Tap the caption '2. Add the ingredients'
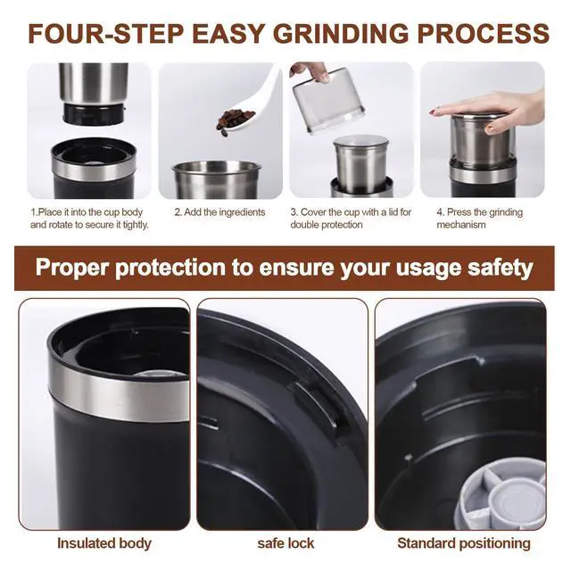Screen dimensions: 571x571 [x=219, y=212]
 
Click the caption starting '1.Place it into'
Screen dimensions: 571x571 [x=89, y=219]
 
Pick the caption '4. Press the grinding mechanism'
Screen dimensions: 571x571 [x=479, y=219]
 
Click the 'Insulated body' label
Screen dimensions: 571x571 [x=104, y=543]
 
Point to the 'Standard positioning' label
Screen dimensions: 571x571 [x=464, y=543]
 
